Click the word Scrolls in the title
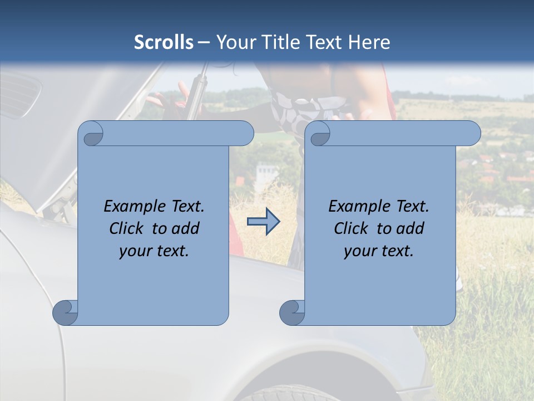[164, 42]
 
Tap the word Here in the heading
[369, 42]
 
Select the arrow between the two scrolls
[263, 222]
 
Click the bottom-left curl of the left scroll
[66, 312]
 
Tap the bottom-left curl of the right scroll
[293, 312]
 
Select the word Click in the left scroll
[127, 228]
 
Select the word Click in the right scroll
[352, 228]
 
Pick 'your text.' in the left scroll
[154, 251]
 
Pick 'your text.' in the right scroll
[379, 251]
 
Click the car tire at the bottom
[278, 393]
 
